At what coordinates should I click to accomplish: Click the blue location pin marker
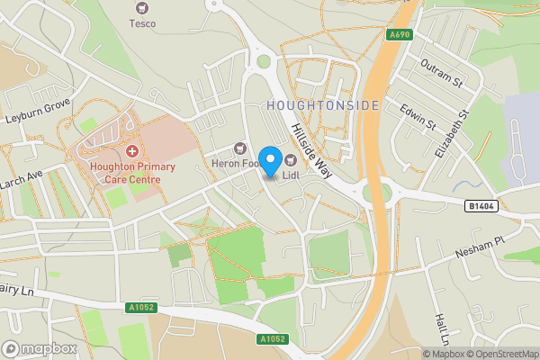click(x=269, y=160)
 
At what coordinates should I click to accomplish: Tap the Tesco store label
click(x=142, y=22)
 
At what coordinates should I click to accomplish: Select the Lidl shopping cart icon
click(x=291, y=159)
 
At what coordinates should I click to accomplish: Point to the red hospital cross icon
click(x=132, y=151)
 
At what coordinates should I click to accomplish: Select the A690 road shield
click(x=400, y=34)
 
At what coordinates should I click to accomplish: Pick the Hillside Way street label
click(x=313, y=151)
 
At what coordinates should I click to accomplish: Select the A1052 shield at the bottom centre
click(x=273, y=339)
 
